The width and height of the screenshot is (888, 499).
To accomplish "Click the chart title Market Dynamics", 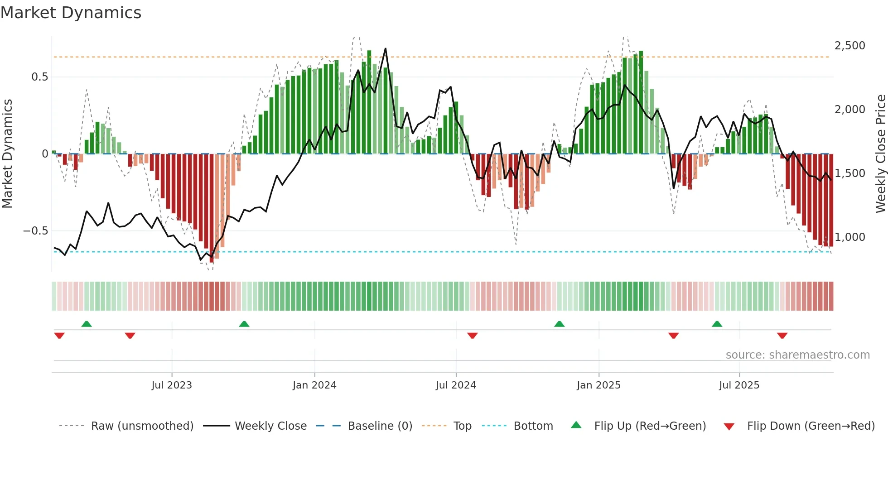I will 71,13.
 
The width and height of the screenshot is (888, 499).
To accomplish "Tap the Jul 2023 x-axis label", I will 172,385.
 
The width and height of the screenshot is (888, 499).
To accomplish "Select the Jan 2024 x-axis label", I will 314,385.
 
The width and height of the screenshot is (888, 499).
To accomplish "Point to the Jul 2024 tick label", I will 456,385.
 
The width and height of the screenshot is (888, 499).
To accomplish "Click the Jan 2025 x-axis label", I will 598,385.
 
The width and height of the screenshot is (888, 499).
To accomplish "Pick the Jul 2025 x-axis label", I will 739,385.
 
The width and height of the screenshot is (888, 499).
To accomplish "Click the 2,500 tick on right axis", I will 849,46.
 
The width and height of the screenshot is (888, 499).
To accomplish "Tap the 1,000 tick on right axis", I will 849,237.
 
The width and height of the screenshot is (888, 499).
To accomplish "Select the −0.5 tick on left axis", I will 35,231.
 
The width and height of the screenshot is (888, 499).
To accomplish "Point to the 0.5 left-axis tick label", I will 39,77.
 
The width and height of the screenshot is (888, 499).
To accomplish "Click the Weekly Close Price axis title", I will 880,154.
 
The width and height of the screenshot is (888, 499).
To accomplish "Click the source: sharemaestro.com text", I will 797,355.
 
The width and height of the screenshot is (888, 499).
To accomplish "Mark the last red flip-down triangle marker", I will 782,336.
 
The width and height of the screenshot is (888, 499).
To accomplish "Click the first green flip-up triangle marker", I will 87,324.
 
